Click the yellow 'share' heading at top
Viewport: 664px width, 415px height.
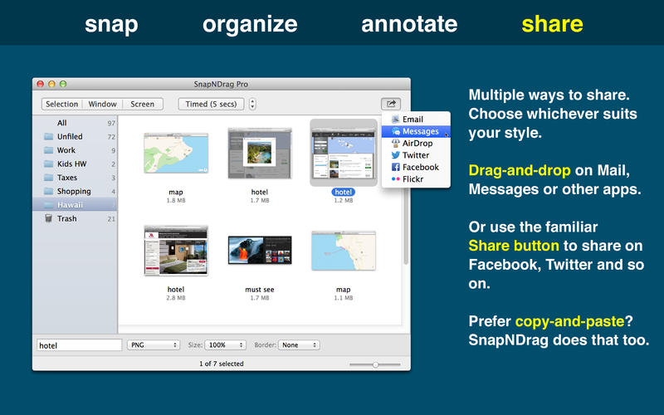click(x=552, y=24)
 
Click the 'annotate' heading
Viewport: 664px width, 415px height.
click(x=408, y=24)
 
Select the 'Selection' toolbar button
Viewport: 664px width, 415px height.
click(x=61, y=105)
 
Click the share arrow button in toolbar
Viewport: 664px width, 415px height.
click(x=390, y=104)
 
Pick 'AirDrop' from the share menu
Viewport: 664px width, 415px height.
click(x=417, y=144)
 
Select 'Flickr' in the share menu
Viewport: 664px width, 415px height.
click(x=414, y=178)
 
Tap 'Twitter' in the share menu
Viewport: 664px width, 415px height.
click(x=415, y=155)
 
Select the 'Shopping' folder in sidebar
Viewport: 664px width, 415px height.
click(x=73, y=191)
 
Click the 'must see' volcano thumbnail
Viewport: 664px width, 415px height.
click(x=259, y=255)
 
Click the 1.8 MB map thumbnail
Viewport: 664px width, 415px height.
click(x=175, y=154)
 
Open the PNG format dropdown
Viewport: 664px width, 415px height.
click(x=154, y=344)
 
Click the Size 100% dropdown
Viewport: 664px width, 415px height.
click(x=226, y=344)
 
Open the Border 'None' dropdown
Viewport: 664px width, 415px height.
click(x=300, y=344)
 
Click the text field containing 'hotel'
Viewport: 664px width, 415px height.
click(x=80, y=344)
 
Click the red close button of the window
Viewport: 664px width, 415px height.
click(x=40, y=84)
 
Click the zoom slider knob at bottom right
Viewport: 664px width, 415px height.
click(x=375, y=364)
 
